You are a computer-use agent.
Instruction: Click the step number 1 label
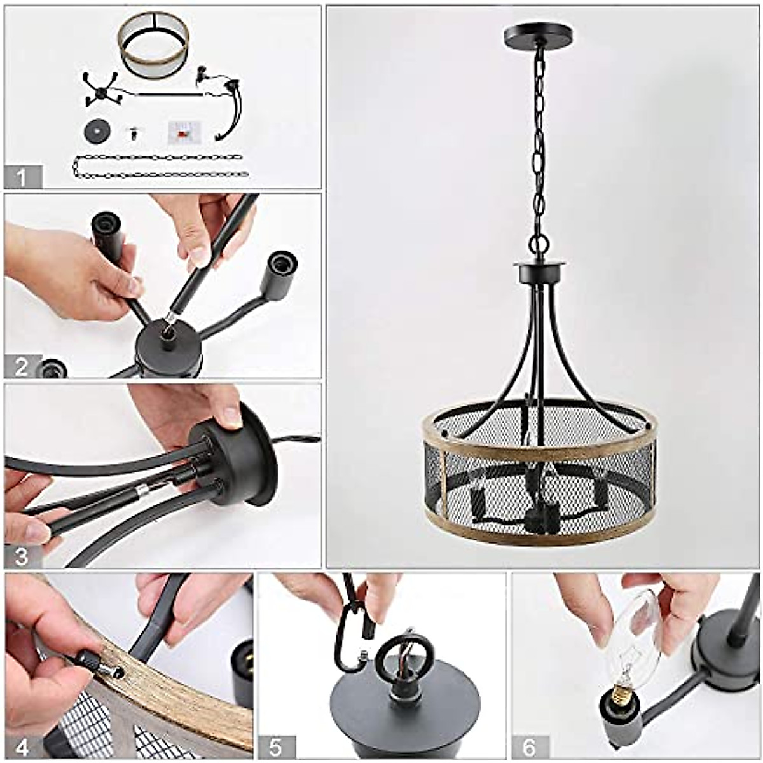click(23, 177)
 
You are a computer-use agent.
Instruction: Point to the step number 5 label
click(276, 747)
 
